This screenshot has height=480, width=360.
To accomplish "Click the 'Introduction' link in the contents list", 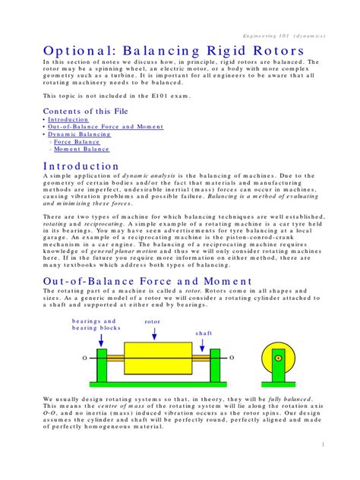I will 68,119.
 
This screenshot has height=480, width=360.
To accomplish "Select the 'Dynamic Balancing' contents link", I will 79,134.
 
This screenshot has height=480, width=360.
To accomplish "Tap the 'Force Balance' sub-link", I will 77,142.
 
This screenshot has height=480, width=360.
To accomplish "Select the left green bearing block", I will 103,365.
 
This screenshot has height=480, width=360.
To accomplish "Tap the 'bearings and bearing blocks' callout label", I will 97,324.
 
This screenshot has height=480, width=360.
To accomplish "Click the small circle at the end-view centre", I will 278,358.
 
